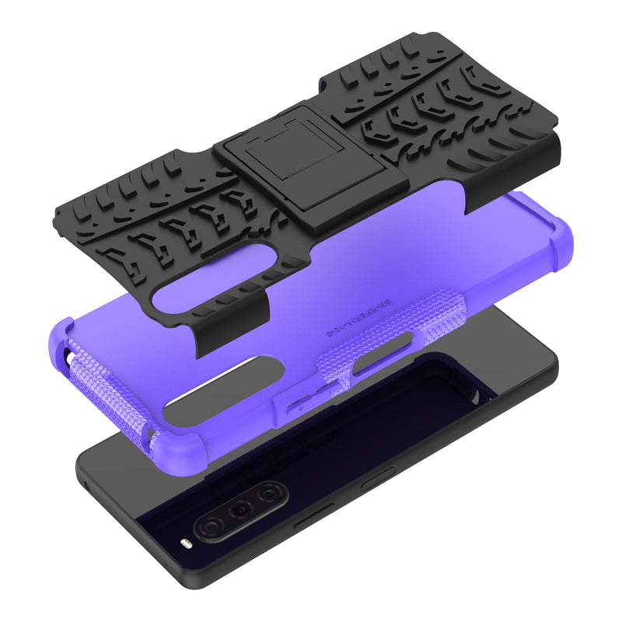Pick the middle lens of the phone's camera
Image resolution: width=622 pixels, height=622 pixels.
[x=243, y=509]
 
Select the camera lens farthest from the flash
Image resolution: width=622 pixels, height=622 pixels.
[x=270, y=493]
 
